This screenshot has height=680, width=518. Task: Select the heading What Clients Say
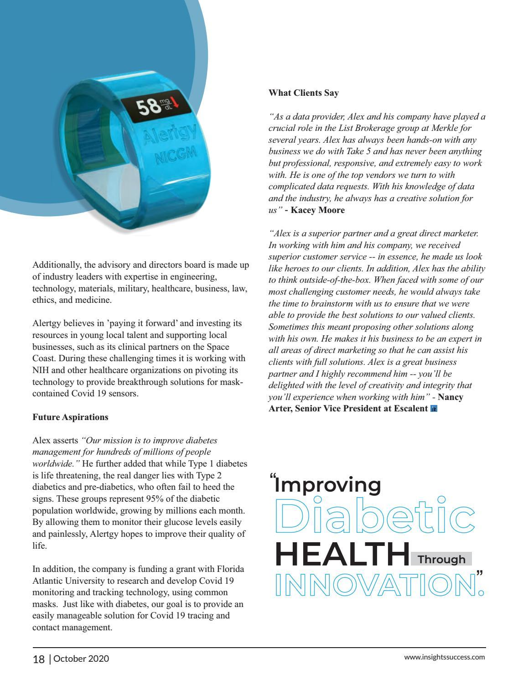point(304,93)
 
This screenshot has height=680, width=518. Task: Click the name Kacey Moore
point(318,210)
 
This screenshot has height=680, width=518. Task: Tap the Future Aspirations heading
point(70,417)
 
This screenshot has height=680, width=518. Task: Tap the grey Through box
point(441,559)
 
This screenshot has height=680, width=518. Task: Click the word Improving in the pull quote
point(328,485)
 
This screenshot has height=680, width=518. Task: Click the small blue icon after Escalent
point(434,409)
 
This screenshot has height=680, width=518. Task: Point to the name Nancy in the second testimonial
point(451,397)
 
